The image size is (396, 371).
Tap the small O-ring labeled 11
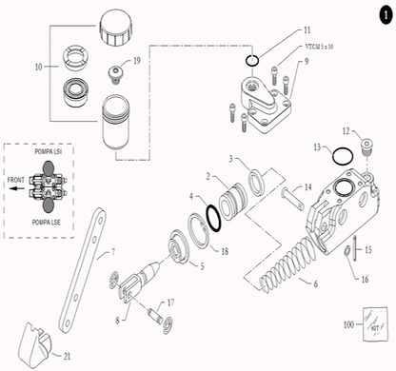pyautogui.click(x=249, y=62)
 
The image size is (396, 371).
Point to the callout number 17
pyautogui.click(x=171, y=303)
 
